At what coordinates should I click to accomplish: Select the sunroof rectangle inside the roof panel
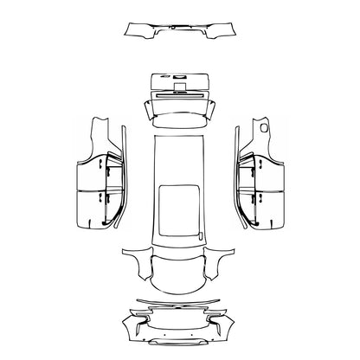point(180,201)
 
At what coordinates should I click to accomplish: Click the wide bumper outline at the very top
point(180,32)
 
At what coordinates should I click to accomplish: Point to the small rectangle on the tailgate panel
point(180,84)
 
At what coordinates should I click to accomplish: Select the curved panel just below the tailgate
point(180,108)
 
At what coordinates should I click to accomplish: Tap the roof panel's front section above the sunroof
point(180,156)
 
